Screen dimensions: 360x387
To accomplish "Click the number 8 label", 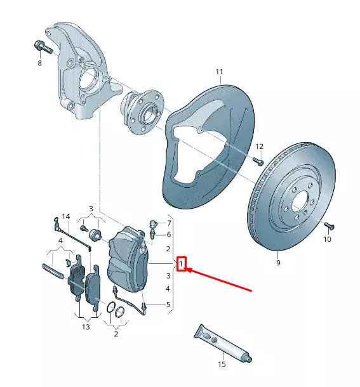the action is pos(39,63).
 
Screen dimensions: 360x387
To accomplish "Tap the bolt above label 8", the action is pos(43,47).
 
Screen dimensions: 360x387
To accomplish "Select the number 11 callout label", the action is pos(219,72).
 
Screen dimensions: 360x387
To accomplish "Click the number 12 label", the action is pos(259,147).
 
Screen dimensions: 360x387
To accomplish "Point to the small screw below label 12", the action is pos(258,161).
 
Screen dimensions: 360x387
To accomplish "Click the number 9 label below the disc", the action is pos(278,263).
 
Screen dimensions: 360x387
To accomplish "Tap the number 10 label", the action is pos(327,239).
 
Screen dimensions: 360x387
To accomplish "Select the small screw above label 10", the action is pos(329,226).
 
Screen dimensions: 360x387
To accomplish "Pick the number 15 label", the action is pos(222,364).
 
